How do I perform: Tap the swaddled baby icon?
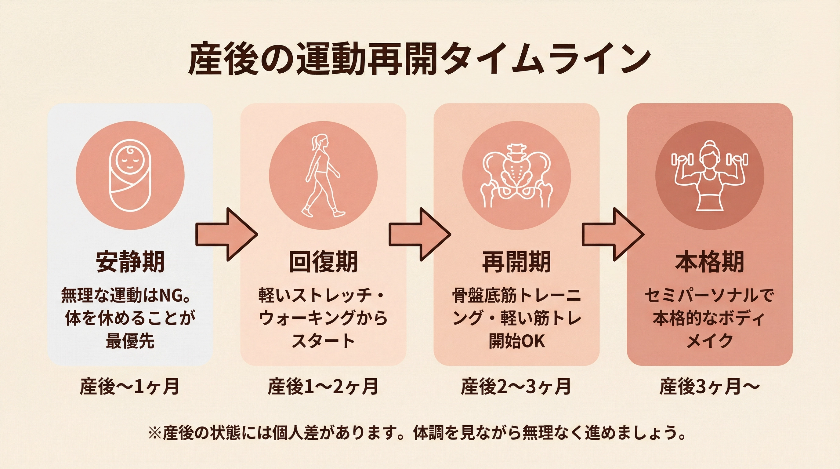coord(130,175)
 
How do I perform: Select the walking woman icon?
coord(323,175)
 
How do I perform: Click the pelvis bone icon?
coord(516,175)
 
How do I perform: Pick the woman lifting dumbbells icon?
coord(710,175)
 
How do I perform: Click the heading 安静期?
coord(130,262)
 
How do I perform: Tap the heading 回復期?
coord(323,262)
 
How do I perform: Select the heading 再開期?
coord(516,262)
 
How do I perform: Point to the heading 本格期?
coord(710,262)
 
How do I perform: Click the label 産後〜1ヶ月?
coord(129,387)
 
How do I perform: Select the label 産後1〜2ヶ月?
coord(323,387)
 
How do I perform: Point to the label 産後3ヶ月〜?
coord(710,387)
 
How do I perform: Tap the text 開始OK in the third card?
coord(516,341)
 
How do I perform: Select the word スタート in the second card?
coord(323,341)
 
